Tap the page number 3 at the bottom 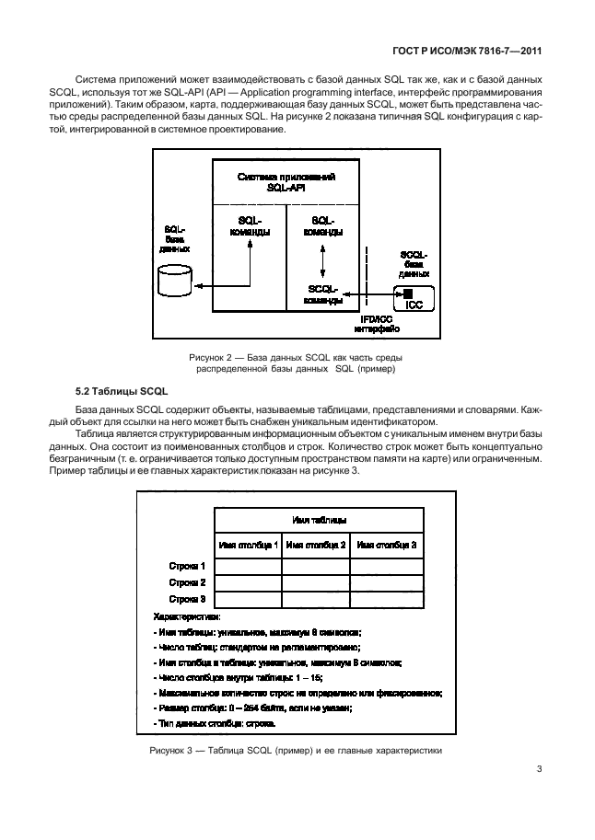(538, 772)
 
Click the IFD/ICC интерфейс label (377, 322)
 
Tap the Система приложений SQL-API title (286, 180)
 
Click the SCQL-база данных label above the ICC (414, 263)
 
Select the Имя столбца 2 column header (316, 545)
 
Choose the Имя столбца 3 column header (387, 545)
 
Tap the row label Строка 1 (187, 566)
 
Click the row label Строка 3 (187, 599)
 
